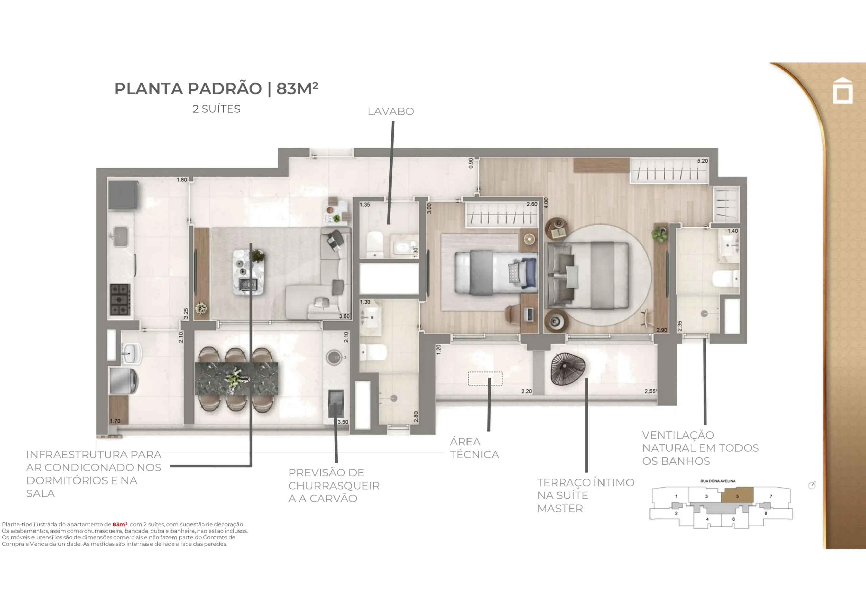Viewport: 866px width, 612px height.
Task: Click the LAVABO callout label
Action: click(391, 111)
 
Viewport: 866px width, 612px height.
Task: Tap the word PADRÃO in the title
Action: click(225, 89)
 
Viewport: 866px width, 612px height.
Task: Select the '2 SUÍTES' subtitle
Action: click(216, 109)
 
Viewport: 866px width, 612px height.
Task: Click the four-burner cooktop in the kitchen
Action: click(120, 300)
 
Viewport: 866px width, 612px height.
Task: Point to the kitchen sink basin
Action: click(121, 236)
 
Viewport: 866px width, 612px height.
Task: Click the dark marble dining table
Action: click(236, 379)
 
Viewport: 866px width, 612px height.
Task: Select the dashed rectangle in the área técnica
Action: click(485, 379)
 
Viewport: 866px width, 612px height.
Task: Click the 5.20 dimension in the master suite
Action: click(702, 161)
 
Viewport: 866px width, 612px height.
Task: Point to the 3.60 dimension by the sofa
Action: click(344, 316)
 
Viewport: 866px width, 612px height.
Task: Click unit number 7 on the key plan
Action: click(771, 496)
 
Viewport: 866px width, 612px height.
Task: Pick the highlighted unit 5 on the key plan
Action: click(737, 494)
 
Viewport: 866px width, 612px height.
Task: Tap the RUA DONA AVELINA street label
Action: click(718, 481)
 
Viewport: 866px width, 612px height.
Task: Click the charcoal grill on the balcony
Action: click(336, 403)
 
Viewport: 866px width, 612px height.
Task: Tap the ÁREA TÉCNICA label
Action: click(474, 448)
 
